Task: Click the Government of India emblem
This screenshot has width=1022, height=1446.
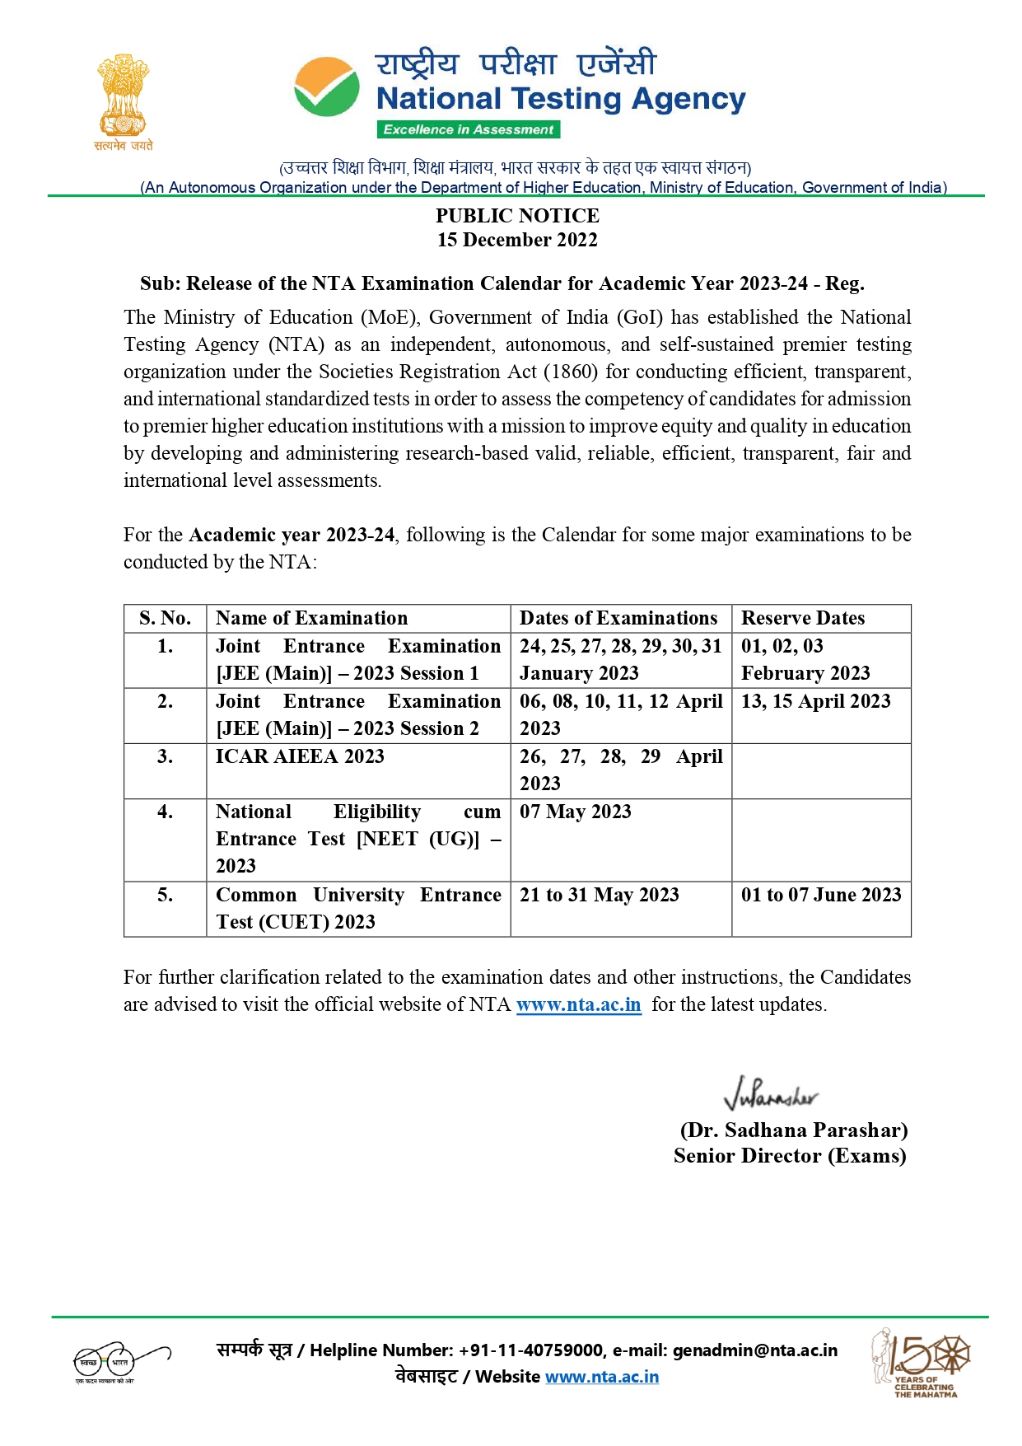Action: pos(124,96)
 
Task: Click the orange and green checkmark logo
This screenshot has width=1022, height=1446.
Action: pos(327,87)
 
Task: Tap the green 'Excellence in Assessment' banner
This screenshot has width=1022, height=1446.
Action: pos(469,129)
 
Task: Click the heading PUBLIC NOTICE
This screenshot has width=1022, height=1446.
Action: pos(517,216)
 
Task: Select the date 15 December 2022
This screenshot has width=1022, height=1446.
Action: pos(517,240)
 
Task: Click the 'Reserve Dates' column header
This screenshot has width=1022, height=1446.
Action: pos(803,618)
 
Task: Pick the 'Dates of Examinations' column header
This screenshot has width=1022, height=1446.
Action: pos(618,618)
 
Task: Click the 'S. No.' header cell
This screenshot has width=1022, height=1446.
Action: pos(165,618)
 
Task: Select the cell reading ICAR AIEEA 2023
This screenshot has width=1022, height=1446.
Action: pos(300,756)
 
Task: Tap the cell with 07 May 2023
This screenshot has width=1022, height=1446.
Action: pos(576,812)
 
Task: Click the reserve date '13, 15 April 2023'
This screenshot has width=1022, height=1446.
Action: pos(815,701)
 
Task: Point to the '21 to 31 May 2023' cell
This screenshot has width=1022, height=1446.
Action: pos(600,895)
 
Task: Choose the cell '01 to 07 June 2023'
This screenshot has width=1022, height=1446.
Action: pos(821,895)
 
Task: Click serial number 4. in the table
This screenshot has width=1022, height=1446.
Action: pos(165,812)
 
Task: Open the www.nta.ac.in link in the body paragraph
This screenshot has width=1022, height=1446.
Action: pos(578,1004)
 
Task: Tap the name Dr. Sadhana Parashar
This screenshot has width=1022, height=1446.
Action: pos(794,1130)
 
